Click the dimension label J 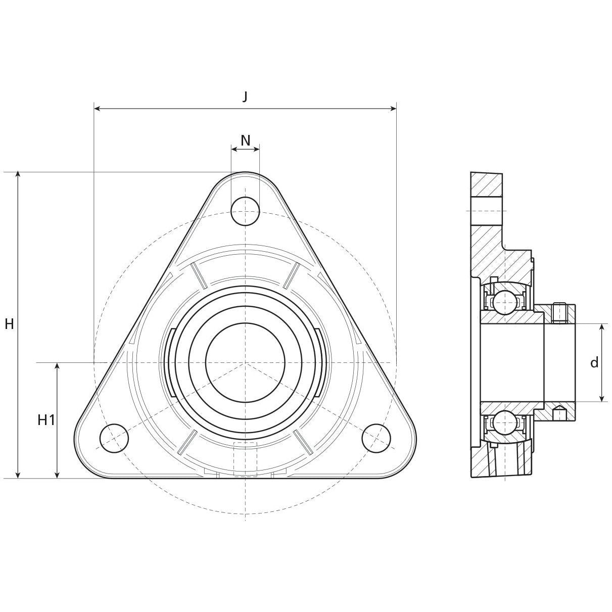tap(245, 97)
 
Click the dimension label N tap(245, 140)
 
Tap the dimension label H tap(9, 324)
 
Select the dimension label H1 tap(46, 419)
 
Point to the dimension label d tap(594, 362)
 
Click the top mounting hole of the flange tap(245, 211)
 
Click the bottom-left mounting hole tap(114, 438)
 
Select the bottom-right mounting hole tap(376, 438)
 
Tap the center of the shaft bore tap(245, 362)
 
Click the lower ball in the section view tap(504, 422)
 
